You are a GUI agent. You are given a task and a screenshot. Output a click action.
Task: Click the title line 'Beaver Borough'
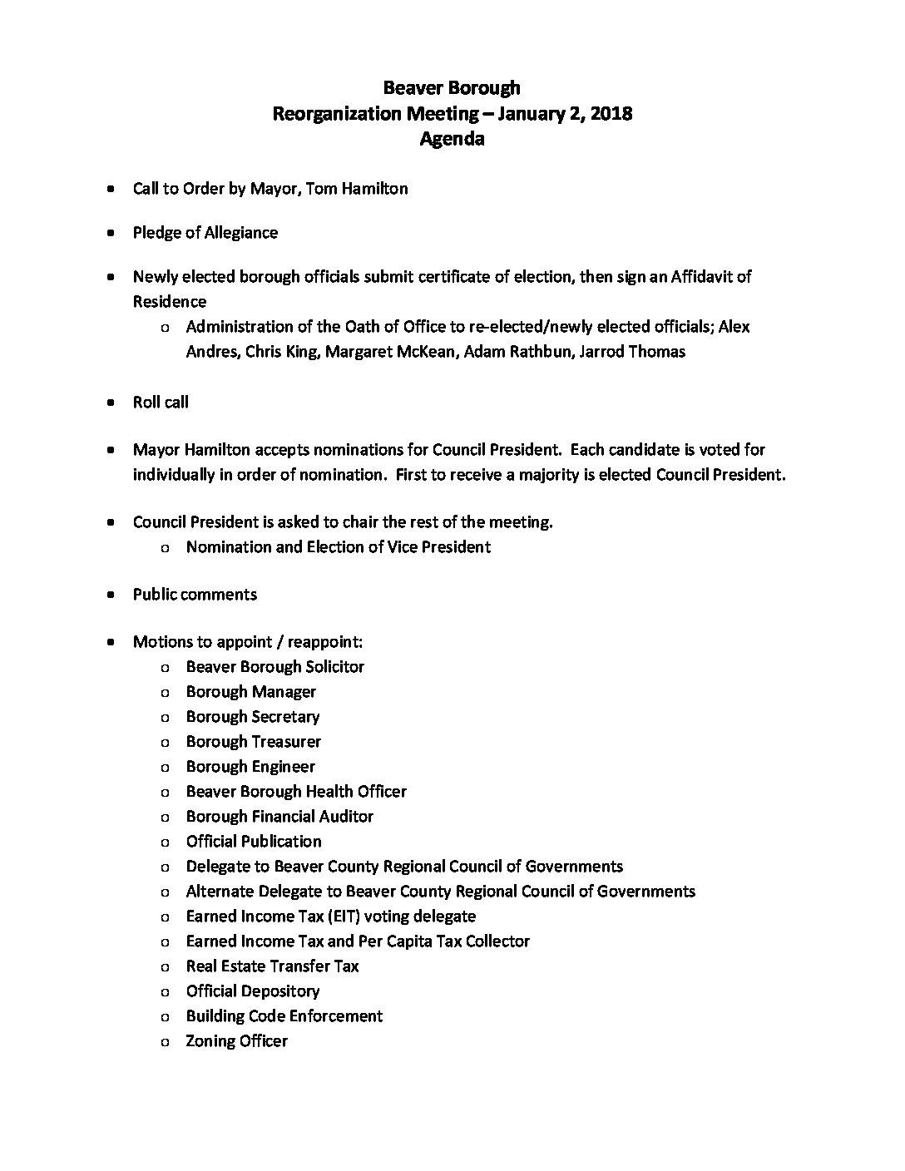point(452,87)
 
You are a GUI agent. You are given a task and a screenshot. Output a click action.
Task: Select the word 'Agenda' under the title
point(452,139)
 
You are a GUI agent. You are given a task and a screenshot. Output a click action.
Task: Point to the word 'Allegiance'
point(240,233)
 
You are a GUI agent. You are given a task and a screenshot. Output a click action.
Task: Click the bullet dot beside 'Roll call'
point(111,403)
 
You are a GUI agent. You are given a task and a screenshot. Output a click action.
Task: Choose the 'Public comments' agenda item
point(195,595)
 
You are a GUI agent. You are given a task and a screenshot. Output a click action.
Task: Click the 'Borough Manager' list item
point(251,692)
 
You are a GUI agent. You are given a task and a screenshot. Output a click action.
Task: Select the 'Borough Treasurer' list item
point(254,742)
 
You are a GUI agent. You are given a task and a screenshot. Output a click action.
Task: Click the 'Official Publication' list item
point(254,842)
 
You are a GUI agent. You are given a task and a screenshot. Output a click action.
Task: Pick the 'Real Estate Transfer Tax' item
point(273,966)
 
